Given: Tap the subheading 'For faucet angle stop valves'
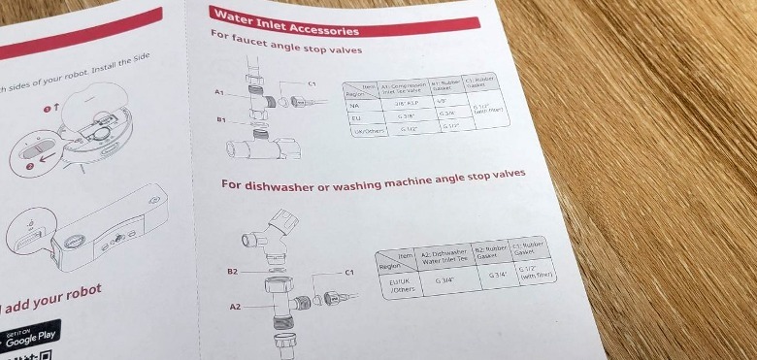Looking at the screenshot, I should tap(285, 44).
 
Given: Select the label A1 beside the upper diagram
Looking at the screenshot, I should tap(219, 90).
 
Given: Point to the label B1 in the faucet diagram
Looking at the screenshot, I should tap(221, 120).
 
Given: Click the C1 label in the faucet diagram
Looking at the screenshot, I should tap(313, 83).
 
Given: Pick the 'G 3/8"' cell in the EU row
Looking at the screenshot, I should tap(408, 115).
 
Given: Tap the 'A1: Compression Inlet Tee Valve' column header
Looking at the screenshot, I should tap(403, 88).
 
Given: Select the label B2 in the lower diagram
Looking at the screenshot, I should tap(232, 273).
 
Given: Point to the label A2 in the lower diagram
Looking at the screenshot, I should tap(235, 306).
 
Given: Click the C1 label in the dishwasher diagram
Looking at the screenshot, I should tap(350, 273).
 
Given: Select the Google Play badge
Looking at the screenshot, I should tap(29, 336).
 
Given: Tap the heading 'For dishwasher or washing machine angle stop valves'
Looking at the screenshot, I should tap(373, 180).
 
